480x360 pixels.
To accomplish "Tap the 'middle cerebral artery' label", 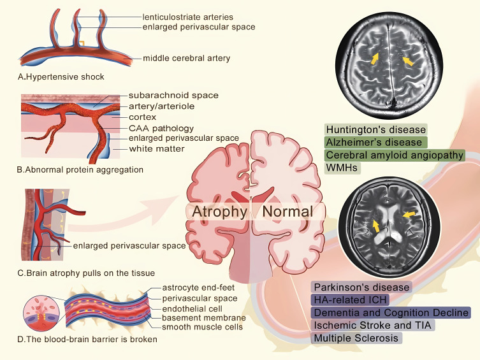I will click(x=186, y=59).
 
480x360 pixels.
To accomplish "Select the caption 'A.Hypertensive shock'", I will click(x=61, y=77).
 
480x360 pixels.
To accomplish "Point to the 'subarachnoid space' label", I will click(x=173, y=96).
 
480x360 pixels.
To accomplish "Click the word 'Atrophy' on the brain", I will click(x=220, y=212).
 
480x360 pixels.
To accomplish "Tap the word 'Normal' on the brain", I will click(x=287, y=212).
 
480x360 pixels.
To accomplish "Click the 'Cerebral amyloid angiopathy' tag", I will click(x=395, y=155).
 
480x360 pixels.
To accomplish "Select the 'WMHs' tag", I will click(x=342, y=168).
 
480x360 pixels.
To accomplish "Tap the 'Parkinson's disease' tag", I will click(x=361, y=287).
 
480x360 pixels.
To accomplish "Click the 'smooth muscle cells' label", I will click(x=203, y=328).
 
